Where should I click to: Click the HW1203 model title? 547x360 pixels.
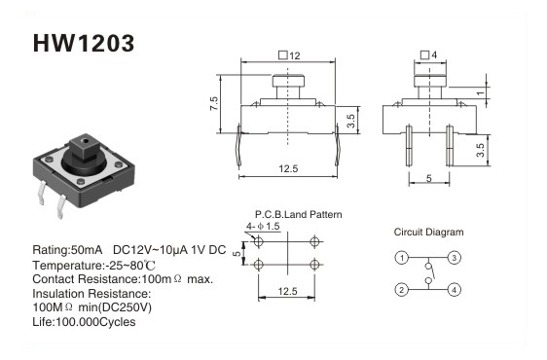[x=84, y=43]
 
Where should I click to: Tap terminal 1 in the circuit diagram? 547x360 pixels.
[x=402, y=258]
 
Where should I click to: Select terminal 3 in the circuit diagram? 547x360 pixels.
[x=454, y=258]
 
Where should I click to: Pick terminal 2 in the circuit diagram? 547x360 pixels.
[x=402, y=290]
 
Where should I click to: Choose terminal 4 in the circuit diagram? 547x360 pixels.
[x=454, y=290]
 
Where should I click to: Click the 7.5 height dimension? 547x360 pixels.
[x=214, y=103]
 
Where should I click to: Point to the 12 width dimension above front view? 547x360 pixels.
[x=289, y=55]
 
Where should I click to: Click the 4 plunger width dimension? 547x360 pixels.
[x=429, y=54]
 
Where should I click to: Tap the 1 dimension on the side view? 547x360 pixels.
[x=481, y=93]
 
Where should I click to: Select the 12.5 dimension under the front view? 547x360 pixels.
[x=288, y=169]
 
